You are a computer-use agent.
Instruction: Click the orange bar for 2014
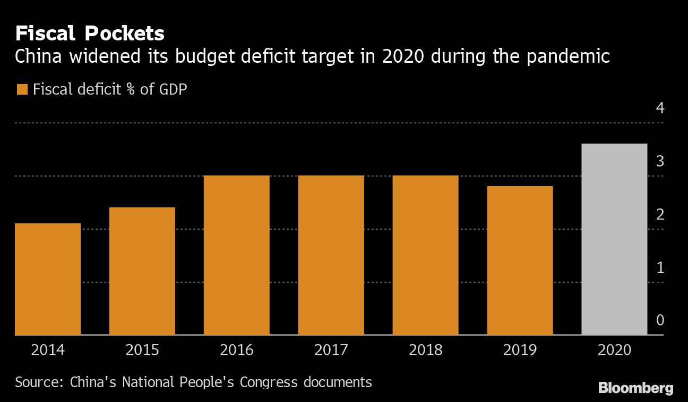48,279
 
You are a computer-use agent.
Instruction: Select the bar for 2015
142,271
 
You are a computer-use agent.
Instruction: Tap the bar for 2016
237,255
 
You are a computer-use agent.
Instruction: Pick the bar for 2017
331,255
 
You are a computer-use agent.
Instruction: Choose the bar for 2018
426,255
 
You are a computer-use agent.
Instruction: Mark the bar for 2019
520,261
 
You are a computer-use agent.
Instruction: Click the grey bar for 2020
615,239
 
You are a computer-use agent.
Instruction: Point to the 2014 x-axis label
48,350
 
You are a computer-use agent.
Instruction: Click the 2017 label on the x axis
331,350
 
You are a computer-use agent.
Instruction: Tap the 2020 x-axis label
615,350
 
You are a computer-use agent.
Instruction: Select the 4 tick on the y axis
660,108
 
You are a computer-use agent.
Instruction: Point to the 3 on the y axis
660,161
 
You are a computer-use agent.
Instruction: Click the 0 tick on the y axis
660,320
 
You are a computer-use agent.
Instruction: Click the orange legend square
22,89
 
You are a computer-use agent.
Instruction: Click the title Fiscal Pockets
90,34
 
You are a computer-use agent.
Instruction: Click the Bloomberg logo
635,388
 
